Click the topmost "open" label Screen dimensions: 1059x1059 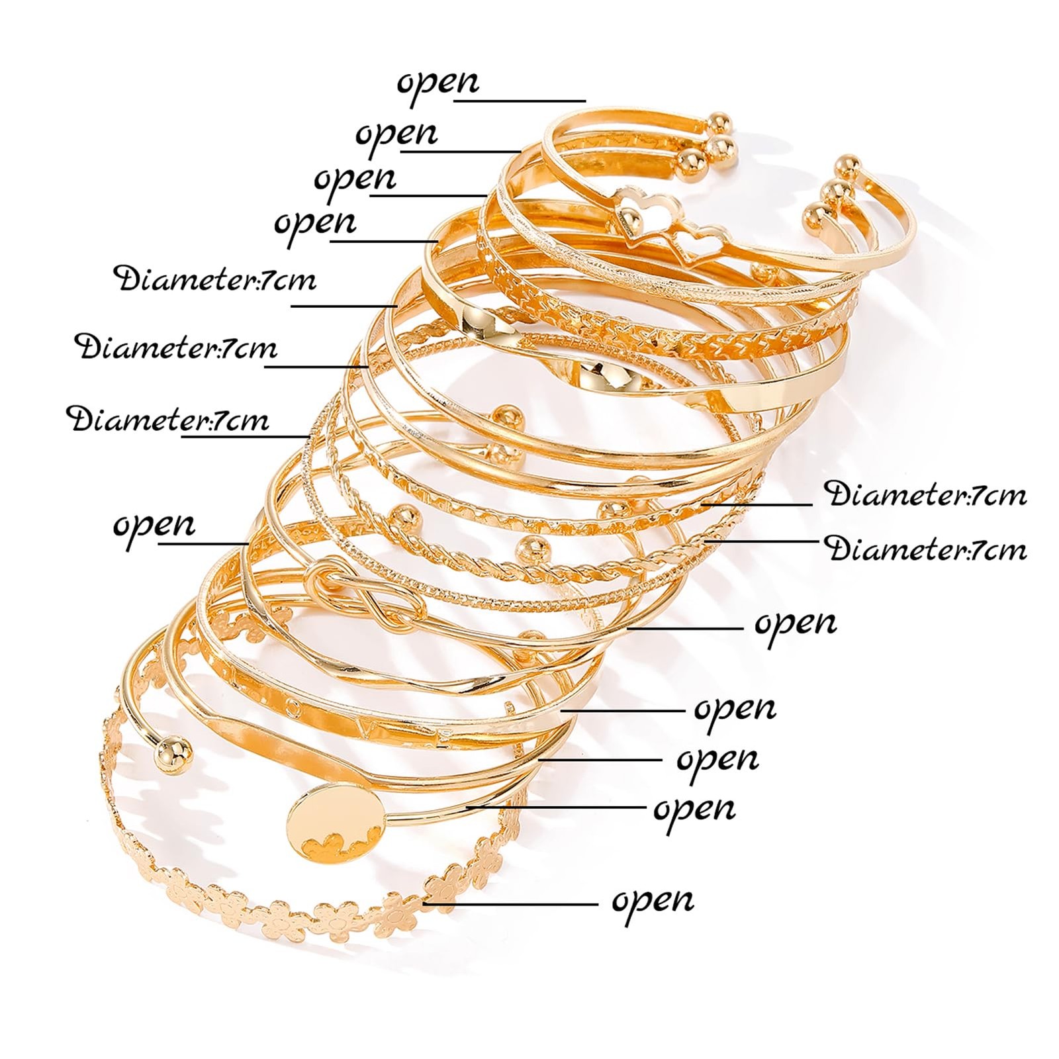pos(437,83)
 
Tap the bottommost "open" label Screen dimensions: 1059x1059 pos(653,901)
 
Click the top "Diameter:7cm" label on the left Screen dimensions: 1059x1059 pos(216,280)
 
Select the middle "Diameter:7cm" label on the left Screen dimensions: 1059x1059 pos(176,348)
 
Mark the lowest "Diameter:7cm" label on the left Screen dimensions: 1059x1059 pos(168,420)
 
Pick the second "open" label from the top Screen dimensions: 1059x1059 pos(396,135)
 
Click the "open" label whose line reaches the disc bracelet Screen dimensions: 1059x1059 pos(694,809)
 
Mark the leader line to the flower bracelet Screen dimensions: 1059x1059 pos(510,903)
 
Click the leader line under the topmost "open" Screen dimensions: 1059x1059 pos(520,101)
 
